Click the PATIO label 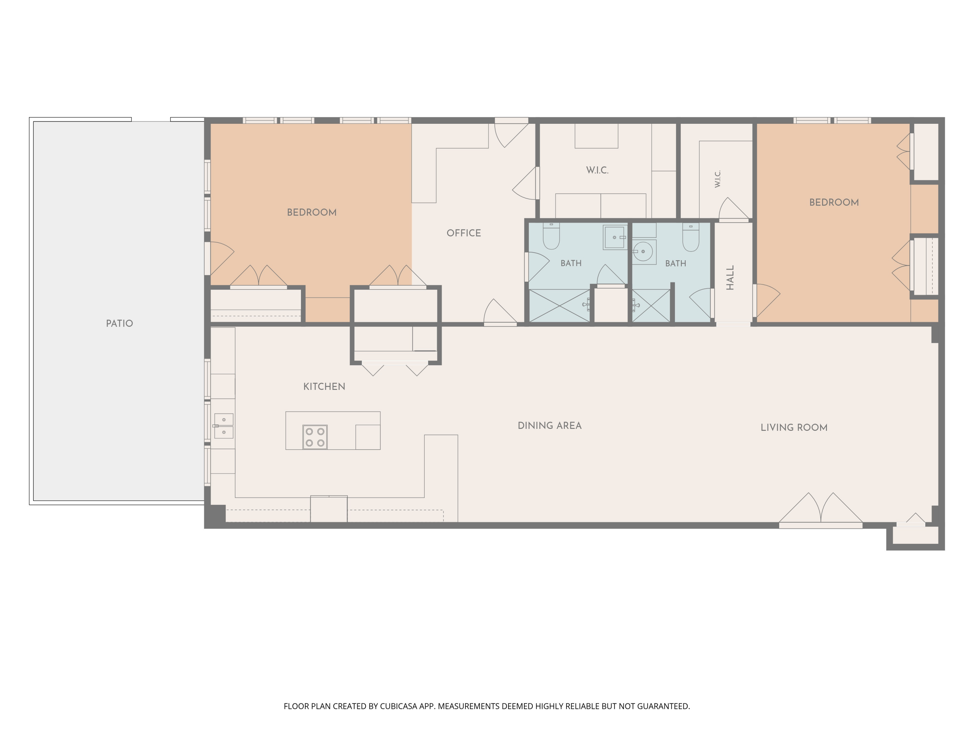coord(119,323)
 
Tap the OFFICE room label coord(464,233)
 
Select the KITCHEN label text coord(324,386)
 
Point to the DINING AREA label coord(550,426)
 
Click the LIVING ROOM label coord(794,428)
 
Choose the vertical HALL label coord(730,277)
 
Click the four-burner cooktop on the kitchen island coord(315,437)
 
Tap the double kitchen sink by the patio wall coord(224,426)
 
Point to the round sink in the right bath coord(644,251)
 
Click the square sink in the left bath coord(615,237)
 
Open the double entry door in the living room coord(821,511)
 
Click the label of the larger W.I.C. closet coord(597,170)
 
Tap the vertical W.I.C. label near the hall coord(718,179)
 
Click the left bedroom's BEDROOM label coord(312,212)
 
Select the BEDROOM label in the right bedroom coord(834,202)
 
